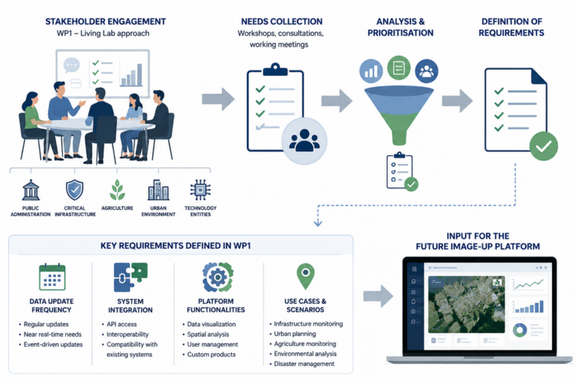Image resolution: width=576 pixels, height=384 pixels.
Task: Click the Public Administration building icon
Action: pyautogui.click(x=31, y=190)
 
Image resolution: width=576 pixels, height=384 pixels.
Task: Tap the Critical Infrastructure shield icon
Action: pyautogui.click(x=74, y=190)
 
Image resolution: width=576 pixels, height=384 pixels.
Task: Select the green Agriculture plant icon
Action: pyautogui.click(x=117, y=190)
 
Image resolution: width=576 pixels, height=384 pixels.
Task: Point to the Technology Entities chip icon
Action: pyautogui.click(x=200, y=190)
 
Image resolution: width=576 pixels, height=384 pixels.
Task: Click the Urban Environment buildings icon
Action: pyautogui.click(x=158, y=190)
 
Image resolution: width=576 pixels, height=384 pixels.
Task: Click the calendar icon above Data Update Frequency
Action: pyautogui.click(x=52, y=277)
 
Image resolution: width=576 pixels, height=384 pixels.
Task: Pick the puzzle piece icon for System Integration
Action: pyautogui.click(x=130, y=277)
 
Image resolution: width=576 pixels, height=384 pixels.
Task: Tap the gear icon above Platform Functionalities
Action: pyautogui.click(x=217, y=277)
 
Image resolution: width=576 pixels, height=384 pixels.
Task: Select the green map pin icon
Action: pyautogui.click(x=305, y=276)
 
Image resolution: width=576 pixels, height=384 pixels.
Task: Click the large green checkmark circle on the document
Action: pyautogui.click(x=544, y=146)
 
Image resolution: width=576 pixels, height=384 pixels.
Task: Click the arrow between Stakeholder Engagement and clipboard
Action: pyautogui.click(x=218, y=99)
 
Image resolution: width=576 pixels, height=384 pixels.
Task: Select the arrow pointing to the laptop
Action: pyautogui.click(x=378, y=295)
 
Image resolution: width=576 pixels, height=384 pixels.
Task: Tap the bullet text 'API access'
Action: pyautogui.click(x=121, y=324)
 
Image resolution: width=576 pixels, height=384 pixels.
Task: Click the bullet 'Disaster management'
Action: pyautogui.click(x=304, y=364)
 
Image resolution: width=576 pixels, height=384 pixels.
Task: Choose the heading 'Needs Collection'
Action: pyautogui.click(x=282, y=22)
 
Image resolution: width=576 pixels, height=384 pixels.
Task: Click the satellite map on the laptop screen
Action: pyautogui.click(x=466, y=304)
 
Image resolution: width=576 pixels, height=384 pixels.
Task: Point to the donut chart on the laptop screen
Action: pyautogui.click(x=520, y=329)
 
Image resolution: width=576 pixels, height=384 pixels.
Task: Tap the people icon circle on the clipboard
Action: pyautogui.click(x=304, y=141)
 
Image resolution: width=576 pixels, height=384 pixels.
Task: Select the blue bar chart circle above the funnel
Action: pyautogui.click(x=371, y=70)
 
